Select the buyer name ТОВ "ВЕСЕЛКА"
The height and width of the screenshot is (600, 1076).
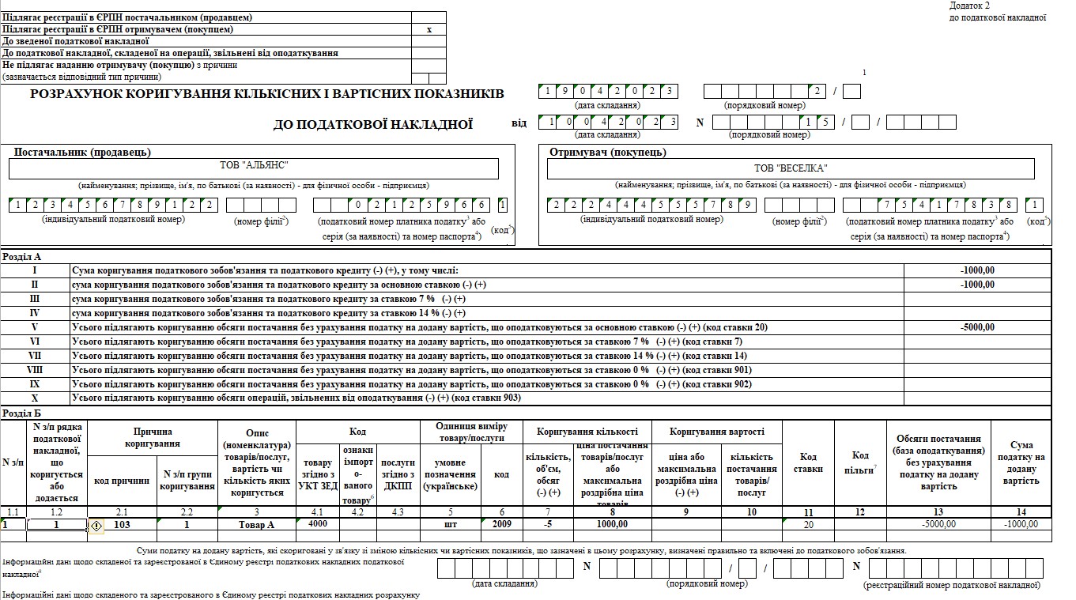click(790, 168)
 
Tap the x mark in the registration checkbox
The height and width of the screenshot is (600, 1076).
click(429, 29)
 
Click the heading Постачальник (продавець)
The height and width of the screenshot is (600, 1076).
click(83, 152)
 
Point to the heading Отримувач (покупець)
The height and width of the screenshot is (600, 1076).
click(607, 152)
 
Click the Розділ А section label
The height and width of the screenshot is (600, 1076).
click(22, 256)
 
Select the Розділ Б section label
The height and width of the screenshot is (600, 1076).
click(22, 413)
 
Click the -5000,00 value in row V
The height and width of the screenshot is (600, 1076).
click(977, 327)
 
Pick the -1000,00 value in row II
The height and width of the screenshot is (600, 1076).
click(977, 285)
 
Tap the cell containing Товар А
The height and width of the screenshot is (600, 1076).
click(256, 524)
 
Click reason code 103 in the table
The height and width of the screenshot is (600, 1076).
click(122, 524)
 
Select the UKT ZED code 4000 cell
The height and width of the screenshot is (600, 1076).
click(318, 523)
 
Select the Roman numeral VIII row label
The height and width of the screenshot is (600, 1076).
click(35, 370)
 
